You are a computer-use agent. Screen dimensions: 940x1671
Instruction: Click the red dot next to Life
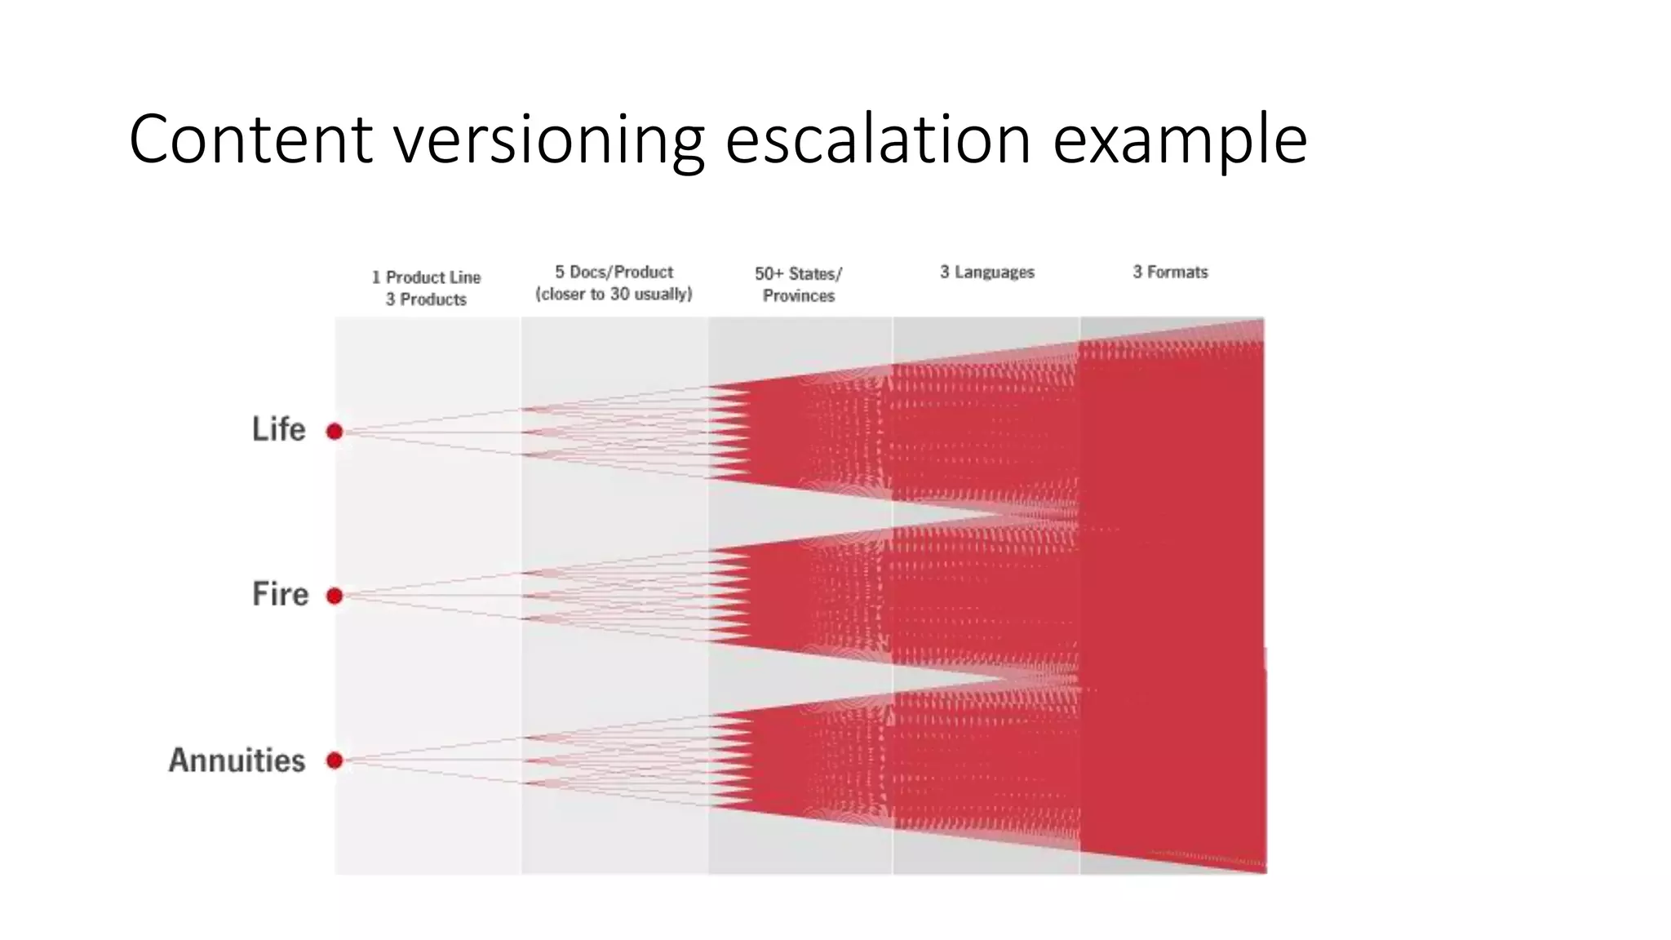[x=335, y=432]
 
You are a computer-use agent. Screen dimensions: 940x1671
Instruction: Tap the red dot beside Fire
[x=335, y=596]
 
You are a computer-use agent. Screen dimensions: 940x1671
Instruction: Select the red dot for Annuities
[x=335, y=760]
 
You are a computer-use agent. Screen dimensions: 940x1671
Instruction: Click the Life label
[x=278, y=429]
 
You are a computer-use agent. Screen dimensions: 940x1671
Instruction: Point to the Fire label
[x=280, y=594]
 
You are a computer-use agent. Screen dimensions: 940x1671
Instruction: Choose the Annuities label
[x=237, y=760]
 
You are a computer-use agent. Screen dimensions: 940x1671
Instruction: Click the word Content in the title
[x=250, y=140]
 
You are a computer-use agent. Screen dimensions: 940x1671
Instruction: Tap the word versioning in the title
[x=549, y=140]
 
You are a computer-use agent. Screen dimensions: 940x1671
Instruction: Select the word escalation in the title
[x=878, y=140]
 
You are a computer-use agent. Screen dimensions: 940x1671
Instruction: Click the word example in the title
[x=1180, y=140]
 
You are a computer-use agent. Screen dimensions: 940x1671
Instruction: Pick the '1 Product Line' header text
[x=426, y=277]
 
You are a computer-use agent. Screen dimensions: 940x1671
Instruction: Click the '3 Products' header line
[x=426, y=299]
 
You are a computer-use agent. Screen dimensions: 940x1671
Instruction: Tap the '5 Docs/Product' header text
[x=614, y=272]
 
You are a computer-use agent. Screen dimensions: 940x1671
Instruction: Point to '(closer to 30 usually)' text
[x=614, y=294]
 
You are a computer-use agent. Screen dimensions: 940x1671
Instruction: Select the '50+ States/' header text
[x=798, y=274]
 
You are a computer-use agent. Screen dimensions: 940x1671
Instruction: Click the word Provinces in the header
[x=798, y=295]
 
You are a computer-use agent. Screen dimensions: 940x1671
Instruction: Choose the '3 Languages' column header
[x=986, y=272]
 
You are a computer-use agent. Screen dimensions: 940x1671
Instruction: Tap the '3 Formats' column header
[x=1170, y=272]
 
